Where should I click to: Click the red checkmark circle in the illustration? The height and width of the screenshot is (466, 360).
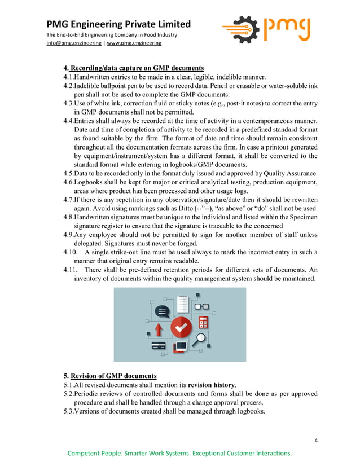(181, 326)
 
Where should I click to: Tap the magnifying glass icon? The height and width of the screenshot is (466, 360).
(200, 340)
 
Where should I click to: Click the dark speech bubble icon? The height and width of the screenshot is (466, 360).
(163, 311)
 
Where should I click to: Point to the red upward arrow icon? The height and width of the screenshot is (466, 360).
(159, 329)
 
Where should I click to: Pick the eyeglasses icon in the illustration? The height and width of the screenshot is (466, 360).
(201, 306)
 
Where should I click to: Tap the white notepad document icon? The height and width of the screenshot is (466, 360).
(182, 304)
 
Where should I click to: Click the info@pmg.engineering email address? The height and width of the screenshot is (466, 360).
(74, 43)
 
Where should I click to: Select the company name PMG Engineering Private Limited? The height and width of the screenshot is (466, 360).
(118, 24)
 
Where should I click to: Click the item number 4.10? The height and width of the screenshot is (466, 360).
(71, 252)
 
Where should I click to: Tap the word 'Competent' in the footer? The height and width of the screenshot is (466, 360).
(86, 453)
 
